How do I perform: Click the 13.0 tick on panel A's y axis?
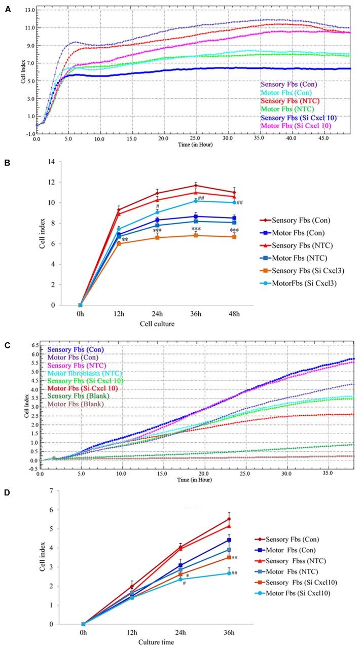click(x=28, y=10)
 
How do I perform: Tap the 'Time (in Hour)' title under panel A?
click(x=185, y=145)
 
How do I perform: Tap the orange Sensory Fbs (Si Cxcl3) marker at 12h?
click(x=119, y=243)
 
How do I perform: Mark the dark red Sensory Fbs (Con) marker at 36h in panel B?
click(x=196, y=185)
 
